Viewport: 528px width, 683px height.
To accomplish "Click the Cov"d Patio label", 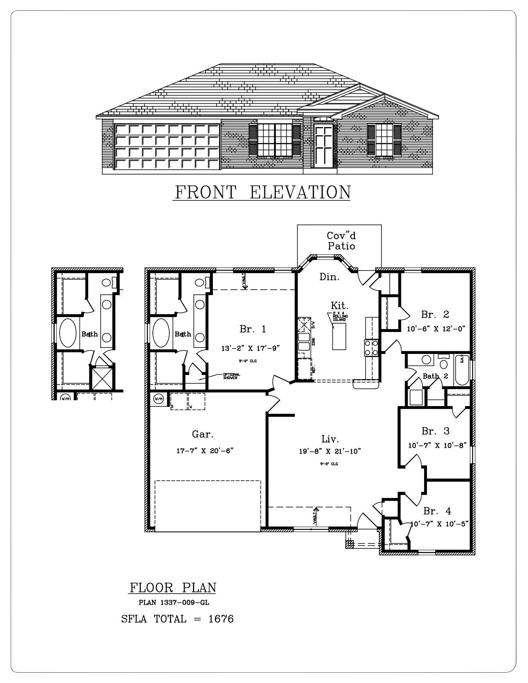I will click(x=341, y=241).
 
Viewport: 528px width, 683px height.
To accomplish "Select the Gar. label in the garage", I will click(x=203, y=434).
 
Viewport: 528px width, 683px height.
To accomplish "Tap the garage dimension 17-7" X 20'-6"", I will click(x=205, y=451).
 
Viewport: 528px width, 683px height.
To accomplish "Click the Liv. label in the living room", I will click(x=330, y=439).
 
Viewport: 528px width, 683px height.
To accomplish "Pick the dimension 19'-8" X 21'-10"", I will click(x=330, y=452).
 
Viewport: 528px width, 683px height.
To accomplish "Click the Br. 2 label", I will click(x=435, y=315).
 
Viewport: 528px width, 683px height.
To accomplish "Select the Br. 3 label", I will click(x=435, y=431).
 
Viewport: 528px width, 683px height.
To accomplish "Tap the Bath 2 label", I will click(x=435, y=376).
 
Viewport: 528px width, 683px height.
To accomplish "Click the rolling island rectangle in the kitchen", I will click(x=339, y=336).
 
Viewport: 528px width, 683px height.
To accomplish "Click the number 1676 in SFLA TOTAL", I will click(x=221, y=619).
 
